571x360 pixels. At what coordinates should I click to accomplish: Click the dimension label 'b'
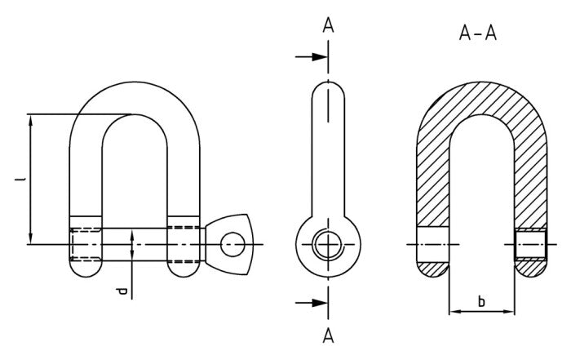click(x=481, y=301)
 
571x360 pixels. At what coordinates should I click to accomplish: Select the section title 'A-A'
click(x=479, y=33)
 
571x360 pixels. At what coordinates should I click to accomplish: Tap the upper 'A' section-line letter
click(x=328, y=25)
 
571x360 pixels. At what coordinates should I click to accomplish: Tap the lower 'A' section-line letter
click(x=328, y=335)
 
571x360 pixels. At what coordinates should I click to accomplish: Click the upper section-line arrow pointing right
click(x=312, y=57)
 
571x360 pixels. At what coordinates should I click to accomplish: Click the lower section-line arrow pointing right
click(x=312, y=303)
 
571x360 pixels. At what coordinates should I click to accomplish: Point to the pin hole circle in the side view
click(x=327, y=244)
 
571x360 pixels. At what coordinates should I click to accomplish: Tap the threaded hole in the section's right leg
click(x=531, y=244)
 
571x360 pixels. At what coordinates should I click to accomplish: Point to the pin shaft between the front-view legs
click(x=135, y=243)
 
